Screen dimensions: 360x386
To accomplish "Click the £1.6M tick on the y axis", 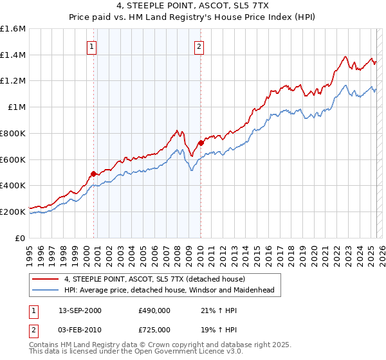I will [x=13, y=29].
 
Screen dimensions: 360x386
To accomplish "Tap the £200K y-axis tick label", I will [x=13, y=212].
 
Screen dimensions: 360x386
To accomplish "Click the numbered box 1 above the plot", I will [x=93, y=46].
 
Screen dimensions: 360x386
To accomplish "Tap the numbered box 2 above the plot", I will [x=199, y=46].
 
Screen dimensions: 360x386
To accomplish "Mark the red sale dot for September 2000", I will [x=94, y=174].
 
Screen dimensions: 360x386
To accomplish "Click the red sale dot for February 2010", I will [x=201, y=143].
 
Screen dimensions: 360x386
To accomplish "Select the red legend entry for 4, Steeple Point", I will [x=154, y=279].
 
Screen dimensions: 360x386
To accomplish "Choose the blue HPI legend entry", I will [x=169, y=291].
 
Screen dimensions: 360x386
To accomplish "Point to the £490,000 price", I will [x=154, y=310].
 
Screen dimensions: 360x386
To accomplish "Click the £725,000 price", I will [x=154, y=329].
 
